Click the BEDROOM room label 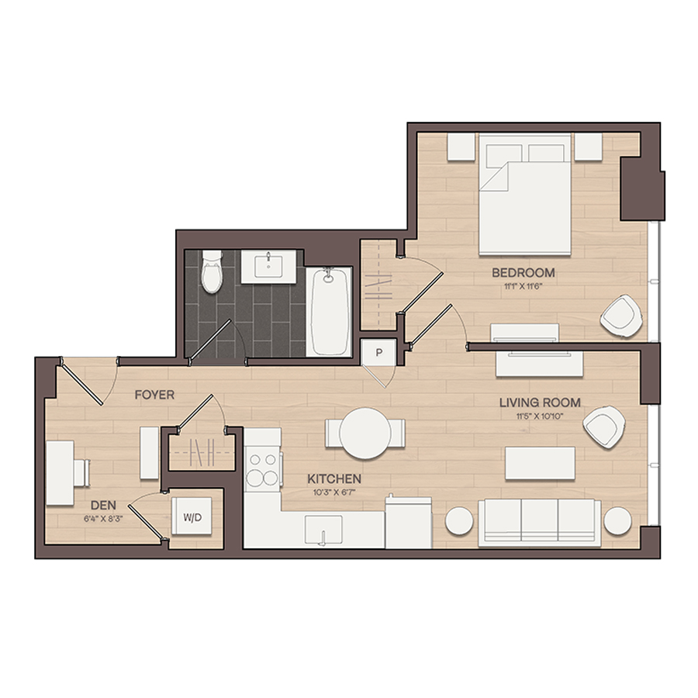click(523, 272)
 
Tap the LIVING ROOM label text click(540, 403)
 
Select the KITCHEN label click(333, 479)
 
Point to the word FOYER click(154, 395)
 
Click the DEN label click(103, 505)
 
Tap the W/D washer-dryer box click(192, 517)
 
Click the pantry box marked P click(378, 353)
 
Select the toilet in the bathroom click(212, 271)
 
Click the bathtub click(329, 312)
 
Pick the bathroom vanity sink click(268, 267)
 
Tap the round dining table click(365, 433)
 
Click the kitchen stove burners click(262, 469)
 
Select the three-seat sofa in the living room click(540, 523)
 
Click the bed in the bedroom click(525, 194)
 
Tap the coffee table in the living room click(540, 464)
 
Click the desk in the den click(60, 473)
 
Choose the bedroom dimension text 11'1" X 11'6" click(523, 286)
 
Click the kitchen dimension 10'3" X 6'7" click(333, 492)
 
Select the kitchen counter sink click(323, 530)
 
